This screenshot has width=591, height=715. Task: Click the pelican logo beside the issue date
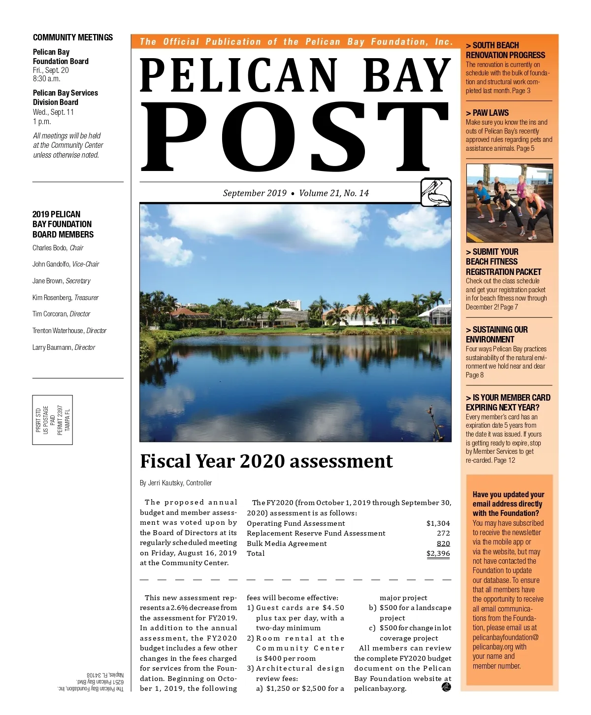click(436, 193)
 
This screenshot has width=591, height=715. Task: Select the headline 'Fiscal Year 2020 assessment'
click(266, 461)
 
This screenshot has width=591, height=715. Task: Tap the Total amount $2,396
click(438, 553)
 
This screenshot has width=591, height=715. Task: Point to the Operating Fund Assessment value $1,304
click(438, 523)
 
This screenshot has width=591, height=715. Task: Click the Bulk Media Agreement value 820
click(443, 544)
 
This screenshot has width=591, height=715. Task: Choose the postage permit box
click(53, 420)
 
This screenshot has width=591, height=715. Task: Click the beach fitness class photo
click(509, 203)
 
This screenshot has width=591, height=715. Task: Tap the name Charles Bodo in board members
click(49, 248)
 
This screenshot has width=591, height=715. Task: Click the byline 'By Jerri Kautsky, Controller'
click(176, 483)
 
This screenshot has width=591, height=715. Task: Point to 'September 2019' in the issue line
click(255, 193)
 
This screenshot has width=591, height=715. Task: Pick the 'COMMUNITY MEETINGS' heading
click(73, 37)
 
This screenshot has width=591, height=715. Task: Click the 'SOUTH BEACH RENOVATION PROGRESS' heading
click(505, 50)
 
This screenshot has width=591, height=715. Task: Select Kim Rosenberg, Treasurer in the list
click(66, 298)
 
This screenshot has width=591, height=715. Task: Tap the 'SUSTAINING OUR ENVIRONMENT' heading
click(496, 335)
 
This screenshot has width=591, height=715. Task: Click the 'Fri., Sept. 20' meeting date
click(51, 70)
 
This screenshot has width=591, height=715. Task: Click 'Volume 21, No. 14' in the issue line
click(334, 193)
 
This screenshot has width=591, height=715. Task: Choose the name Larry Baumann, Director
click(64, 347)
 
